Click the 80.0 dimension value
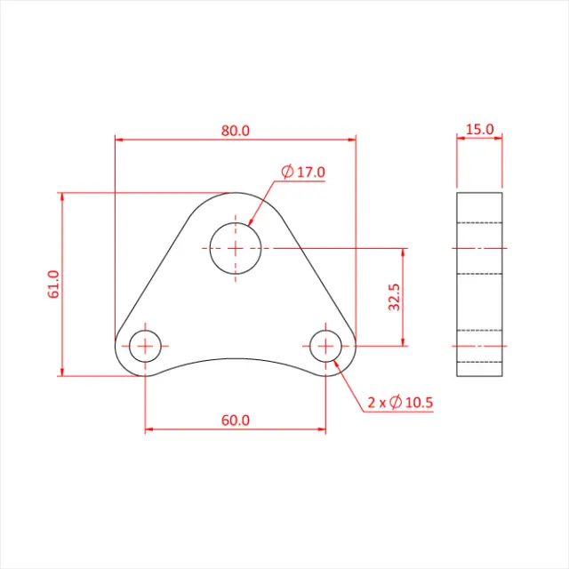click(x=236, y=130)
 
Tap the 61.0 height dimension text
click(x=53, y=284)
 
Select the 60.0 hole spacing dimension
click(x=236, y=420)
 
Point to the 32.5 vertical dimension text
click(x=394, y=298)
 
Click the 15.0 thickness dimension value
click(x=479, y=129)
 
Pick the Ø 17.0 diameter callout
click(x=303, y=172)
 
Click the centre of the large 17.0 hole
click(x=236, y=248)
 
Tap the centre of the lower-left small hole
click(x=145, y=345)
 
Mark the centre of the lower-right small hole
click(x=326, y=345)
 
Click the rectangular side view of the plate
click(x=479, y=284)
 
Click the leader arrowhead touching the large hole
click(x=251, y=222)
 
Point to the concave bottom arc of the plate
click(x=236, y=358)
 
